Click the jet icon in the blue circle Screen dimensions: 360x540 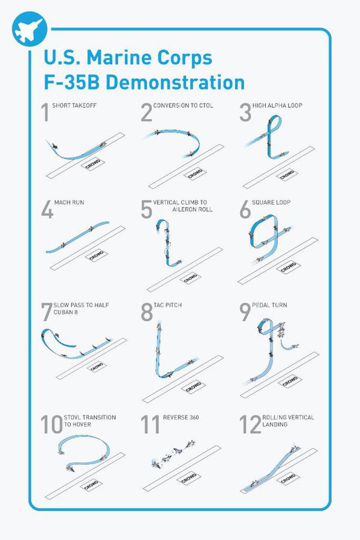click(29, 30)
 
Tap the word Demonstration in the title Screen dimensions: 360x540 click(175, 83)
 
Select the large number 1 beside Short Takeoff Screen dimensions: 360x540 click(46, 112)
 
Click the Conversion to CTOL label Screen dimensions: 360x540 click(183, 105)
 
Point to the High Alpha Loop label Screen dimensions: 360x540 click(277, 105)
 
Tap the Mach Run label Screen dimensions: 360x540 click(69, 202)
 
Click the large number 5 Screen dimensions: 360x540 click(146, 209)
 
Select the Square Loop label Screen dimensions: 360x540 click(271, 202)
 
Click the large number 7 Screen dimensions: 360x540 click(46, 312)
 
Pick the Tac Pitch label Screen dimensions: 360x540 click(168, 305)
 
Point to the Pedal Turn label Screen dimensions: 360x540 click(269, 305)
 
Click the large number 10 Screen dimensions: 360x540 click(52, 424)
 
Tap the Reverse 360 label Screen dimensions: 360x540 click(181, 417)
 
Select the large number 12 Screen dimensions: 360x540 click(250, 424)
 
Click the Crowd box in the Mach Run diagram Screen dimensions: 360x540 click(96, 255)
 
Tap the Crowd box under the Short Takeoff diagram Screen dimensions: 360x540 click(93, 164)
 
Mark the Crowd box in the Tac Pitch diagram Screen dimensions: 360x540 click(193, 387)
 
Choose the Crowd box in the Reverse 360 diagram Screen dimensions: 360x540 click(188, 478)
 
